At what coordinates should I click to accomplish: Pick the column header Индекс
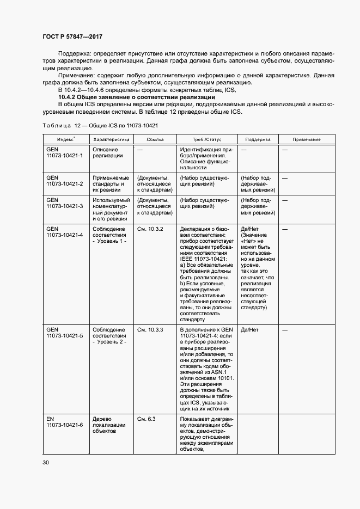pos(66,139)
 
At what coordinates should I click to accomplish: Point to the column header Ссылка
pos(155,139)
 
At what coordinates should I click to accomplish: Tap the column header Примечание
pos(306,139)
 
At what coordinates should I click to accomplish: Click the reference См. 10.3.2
pos(150,229)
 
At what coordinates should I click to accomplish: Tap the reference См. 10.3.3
pos(150,330)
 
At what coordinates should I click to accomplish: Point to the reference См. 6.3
pos(147,419)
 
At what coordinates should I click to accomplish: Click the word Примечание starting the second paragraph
pos(76,76)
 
